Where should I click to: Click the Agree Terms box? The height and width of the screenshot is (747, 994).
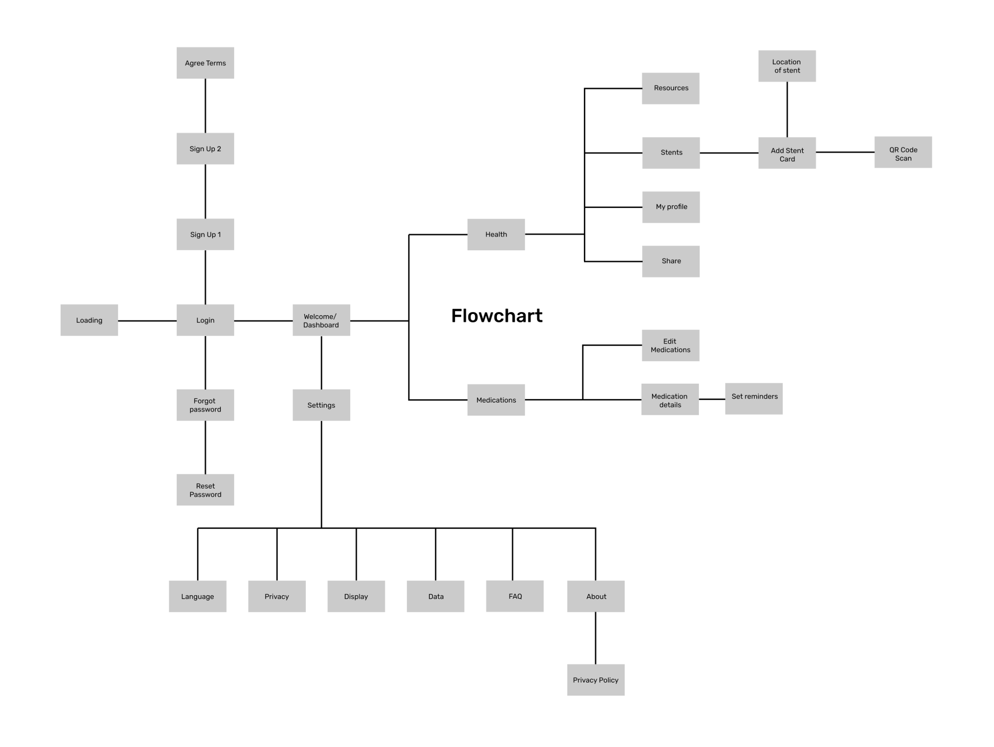[205, 63]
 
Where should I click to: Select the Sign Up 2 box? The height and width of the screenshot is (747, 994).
[205, 149]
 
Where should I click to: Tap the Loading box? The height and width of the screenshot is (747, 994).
[89, 320]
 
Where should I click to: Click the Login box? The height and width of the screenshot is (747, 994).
[205, 320]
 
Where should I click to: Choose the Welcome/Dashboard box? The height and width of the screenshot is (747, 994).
[321, 320]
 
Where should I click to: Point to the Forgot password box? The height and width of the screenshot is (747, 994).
[205, 405]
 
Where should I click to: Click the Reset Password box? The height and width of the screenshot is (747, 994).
[205, 490]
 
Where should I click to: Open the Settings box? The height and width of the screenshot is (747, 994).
[321, 405]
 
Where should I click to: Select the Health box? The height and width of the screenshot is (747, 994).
[496, 234]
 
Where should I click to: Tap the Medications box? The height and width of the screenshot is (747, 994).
[496, 400]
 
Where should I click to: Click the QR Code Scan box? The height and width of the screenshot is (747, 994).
[903, 152]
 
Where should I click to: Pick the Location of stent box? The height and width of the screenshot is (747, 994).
[787, 66]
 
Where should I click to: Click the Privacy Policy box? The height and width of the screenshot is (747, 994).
[596, 680]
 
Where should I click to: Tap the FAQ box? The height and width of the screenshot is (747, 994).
[515, 596]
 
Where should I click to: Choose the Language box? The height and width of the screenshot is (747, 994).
[198, 596]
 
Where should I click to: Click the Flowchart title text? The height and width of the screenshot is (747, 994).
[497, 316]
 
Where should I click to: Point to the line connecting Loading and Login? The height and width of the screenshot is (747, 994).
[147, 321]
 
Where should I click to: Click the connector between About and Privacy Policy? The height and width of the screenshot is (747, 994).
[596, 638]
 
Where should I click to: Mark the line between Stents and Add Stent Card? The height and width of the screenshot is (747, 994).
[729, 153]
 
